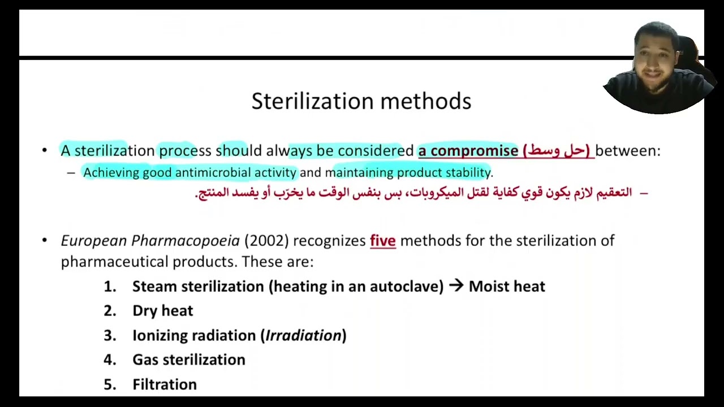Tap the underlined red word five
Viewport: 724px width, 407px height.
click(382, 241)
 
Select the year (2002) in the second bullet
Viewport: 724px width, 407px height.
click(266, 241)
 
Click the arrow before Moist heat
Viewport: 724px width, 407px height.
click(456, 286)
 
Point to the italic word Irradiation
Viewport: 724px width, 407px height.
click(304, 335)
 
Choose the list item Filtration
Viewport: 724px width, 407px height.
click(165, 384)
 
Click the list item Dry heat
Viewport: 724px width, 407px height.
click(162, 311)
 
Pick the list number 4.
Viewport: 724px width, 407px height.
click(109, 360)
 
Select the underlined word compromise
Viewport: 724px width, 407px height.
click(474, 150)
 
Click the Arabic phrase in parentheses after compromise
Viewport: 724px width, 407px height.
click(556, 150)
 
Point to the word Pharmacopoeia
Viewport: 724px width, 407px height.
click(186, 241)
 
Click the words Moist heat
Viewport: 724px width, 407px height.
click(507, 286)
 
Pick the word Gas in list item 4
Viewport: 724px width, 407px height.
click(144, 360)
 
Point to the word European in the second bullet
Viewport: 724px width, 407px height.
click(93, 241)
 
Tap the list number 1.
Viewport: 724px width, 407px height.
click(109, 287)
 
